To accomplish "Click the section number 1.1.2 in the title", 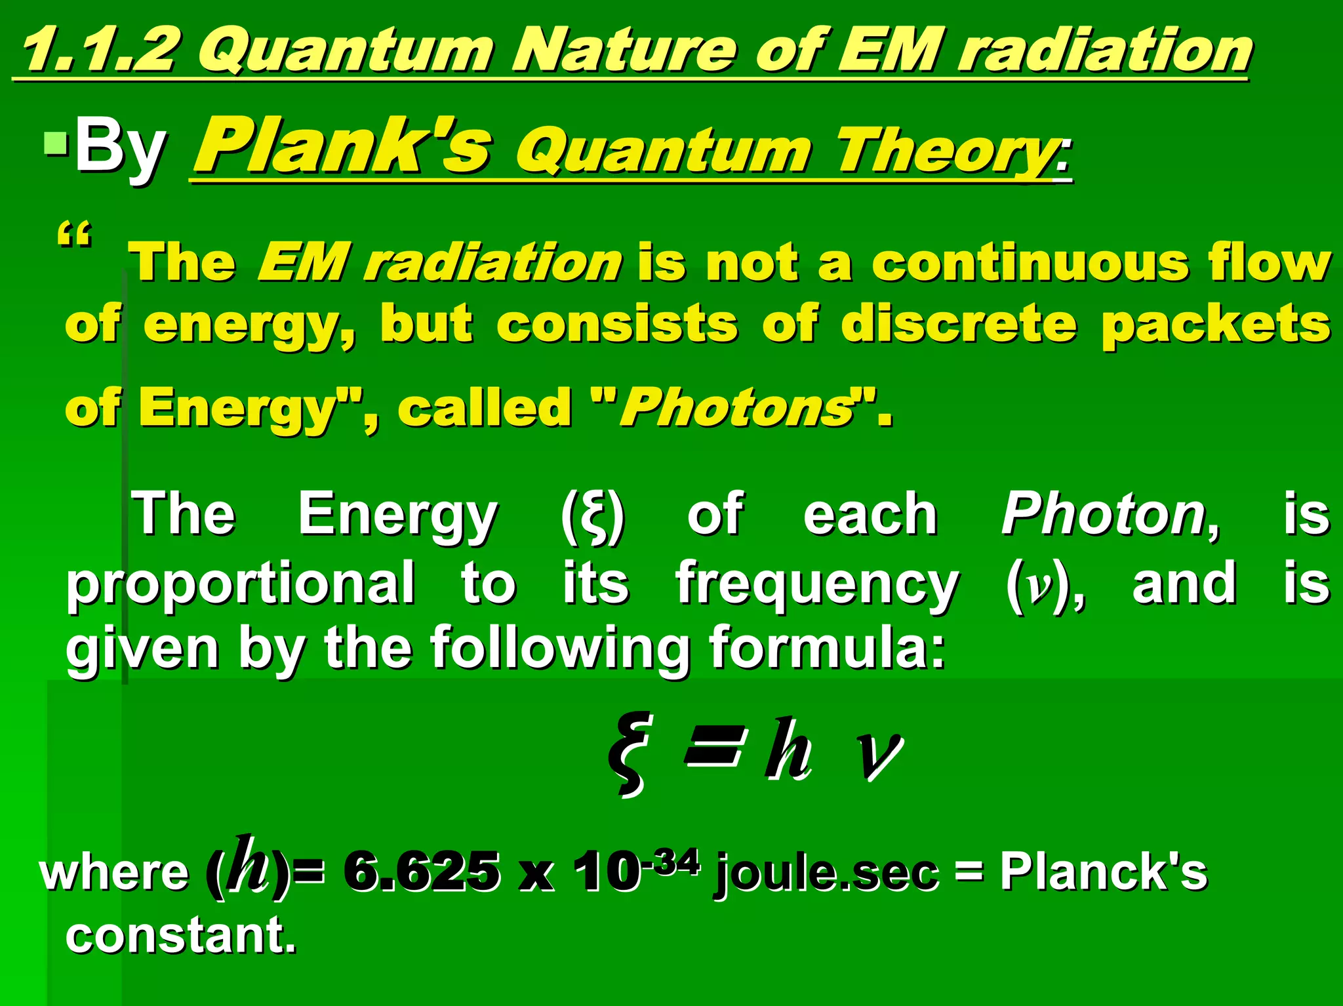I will tap(98, 51).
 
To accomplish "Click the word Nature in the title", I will tap(623, 51).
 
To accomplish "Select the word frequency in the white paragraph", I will tap(817, 584).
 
